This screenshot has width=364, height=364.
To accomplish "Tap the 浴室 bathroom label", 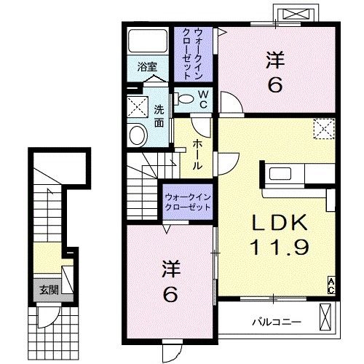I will pos(148,68).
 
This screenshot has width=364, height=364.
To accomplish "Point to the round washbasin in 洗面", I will pos(138,135).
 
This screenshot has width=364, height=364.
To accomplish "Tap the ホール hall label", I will pos(197,154).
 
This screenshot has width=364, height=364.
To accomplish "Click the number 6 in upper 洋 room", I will pos(276,86).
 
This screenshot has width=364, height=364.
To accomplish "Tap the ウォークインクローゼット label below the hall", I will pos(187,201).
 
